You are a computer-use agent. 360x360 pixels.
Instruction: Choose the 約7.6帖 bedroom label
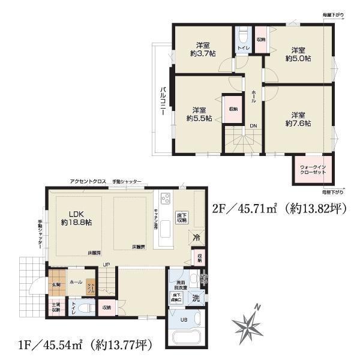[298, 119]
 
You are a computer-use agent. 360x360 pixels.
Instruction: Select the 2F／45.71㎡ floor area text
[279, 209]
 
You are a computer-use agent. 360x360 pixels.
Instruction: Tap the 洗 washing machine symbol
[196, 299]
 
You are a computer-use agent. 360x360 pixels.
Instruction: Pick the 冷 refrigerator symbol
[196, 237]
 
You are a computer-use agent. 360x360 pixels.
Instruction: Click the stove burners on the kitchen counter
[165, 199]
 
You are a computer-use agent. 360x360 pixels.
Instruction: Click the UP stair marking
[106, 265]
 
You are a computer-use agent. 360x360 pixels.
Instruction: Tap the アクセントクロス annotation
[88, 181]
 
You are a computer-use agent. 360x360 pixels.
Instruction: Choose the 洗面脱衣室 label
[181, 284]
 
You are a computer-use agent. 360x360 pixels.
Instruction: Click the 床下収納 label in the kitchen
[182, 217]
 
